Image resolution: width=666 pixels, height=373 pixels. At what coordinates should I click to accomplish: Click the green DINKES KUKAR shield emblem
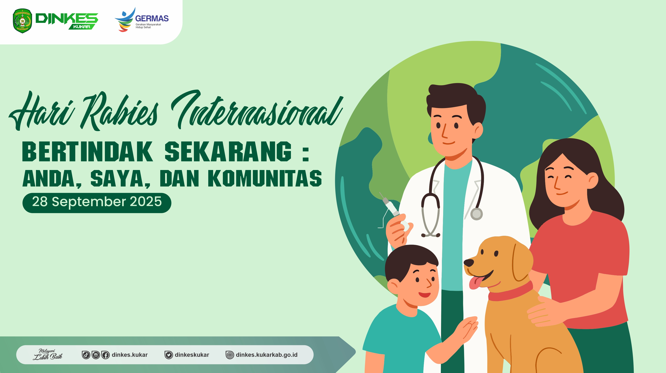point(22,21)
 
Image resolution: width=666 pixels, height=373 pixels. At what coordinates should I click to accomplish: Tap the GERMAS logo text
point(152,19)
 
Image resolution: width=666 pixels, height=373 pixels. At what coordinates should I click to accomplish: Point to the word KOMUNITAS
point(265,178)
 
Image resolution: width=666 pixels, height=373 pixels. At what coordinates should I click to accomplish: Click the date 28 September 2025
point(97,202)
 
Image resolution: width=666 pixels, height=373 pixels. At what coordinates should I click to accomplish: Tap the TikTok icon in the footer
point(86,355)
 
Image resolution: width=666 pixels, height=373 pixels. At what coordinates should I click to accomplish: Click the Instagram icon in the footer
point(96,355)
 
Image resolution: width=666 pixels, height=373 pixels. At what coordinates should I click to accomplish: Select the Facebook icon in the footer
point(105,355)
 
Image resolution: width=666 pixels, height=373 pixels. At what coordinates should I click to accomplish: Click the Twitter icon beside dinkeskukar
point(169,355)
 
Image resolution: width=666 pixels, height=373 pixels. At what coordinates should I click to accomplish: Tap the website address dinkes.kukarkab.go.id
point(267,355)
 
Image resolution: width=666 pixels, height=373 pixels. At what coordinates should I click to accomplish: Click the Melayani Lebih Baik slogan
point(48,354)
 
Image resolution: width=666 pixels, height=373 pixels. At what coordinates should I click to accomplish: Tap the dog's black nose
point(469,263)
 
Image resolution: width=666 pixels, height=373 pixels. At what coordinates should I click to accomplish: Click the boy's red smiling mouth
point(424,294)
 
